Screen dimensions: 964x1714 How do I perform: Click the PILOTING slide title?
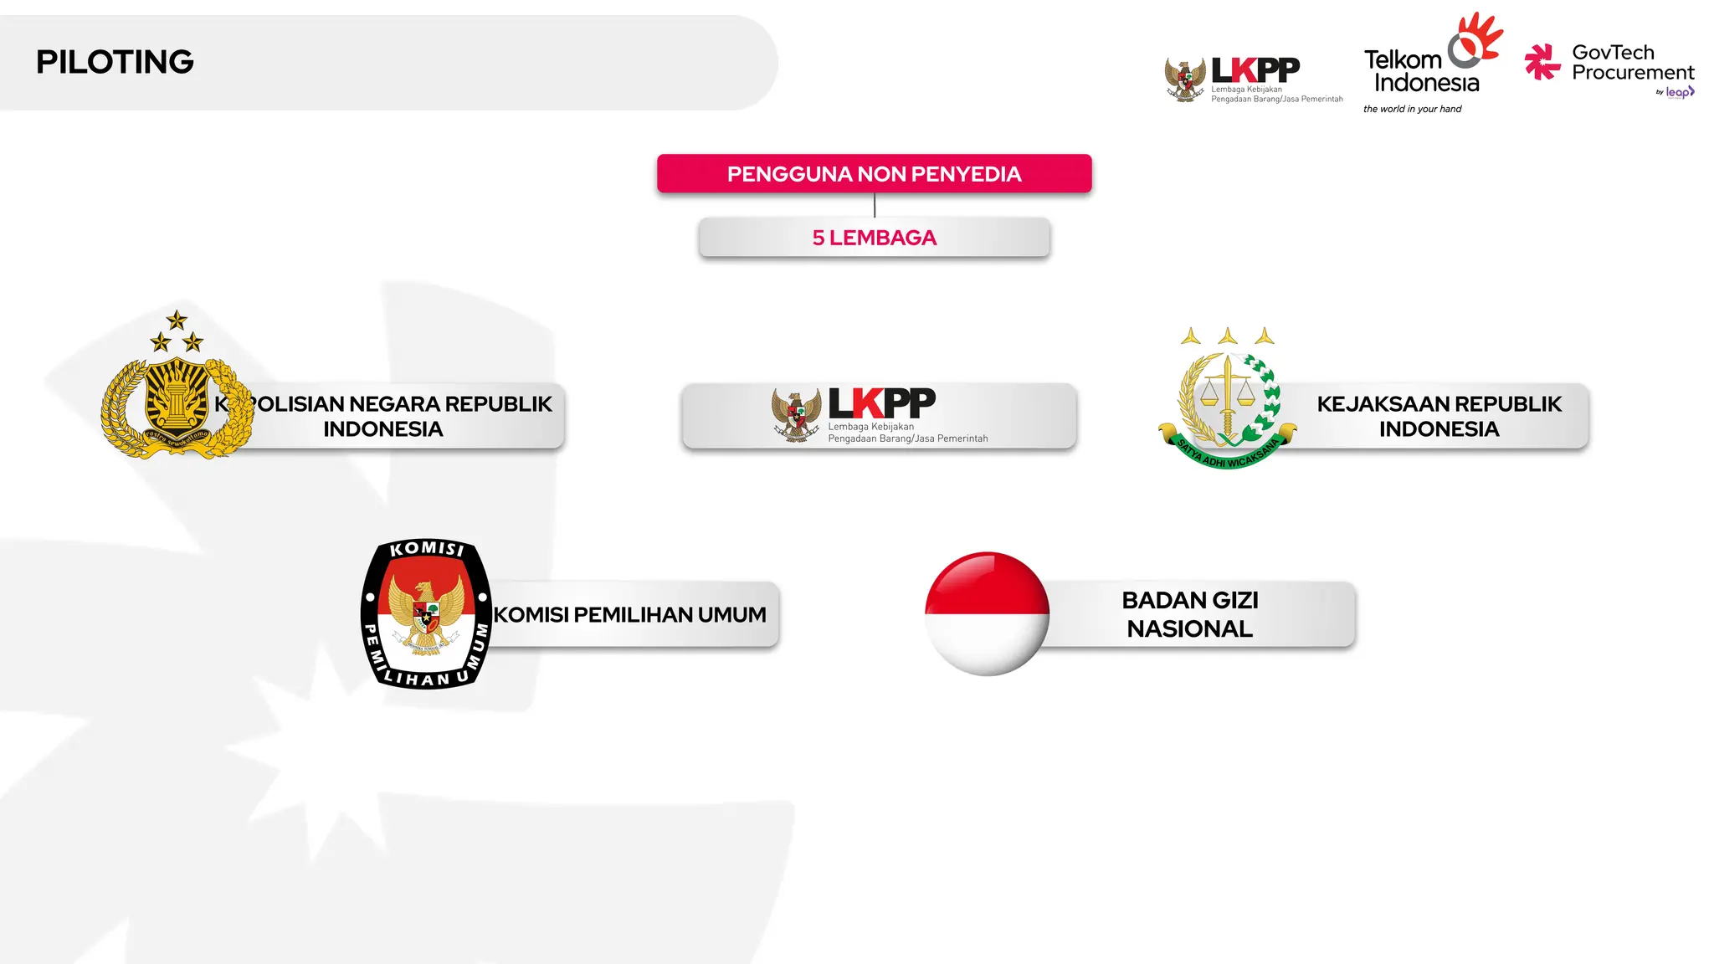[115, 62]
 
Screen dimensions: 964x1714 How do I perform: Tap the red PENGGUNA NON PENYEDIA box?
[874, 174]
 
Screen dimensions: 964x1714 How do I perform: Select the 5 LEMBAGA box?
[874, 238]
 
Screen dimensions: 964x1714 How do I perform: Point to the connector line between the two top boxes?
[875, 205]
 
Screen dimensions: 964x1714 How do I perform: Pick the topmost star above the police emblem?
[177, 320]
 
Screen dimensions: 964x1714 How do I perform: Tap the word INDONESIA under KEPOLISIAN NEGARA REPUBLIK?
[382, 429]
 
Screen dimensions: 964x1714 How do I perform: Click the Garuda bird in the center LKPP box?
[797, 414]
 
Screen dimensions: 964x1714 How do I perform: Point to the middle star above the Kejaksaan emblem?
[1228, 336]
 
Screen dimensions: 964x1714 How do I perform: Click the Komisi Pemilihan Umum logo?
[427, 613]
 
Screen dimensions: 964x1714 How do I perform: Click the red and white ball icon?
[987, 613]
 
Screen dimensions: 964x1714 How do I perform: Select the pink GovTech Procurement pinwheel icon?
[1542, 62]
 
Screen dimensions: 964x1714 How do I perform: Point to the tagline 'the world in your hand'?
[1412, 109]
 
